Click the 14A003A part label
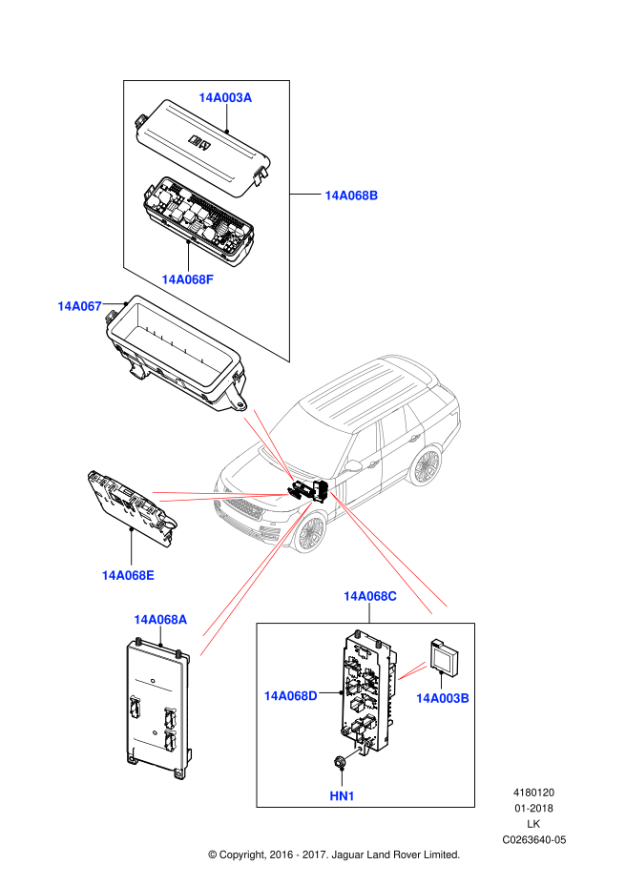(225, 97)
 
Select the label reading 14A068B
(351, 196)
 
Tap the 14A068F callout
(187, 279)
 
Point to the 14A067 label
(79, 306)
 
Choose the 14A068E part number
(128, 575)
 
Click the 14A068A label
(160, 620)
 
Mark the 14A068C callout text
(370, 596)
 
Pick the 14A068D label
(290, 696)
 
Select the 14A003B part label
(442, 698)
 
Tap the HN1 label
(342, 796)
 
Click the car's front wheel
(310, 532)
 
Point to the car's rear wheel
(426, 466)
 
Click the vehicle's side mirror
(353, 465)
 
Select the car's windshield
(311, 440)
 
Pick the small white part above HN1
(352, 754)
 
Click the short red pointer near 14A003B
(411, 671)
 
